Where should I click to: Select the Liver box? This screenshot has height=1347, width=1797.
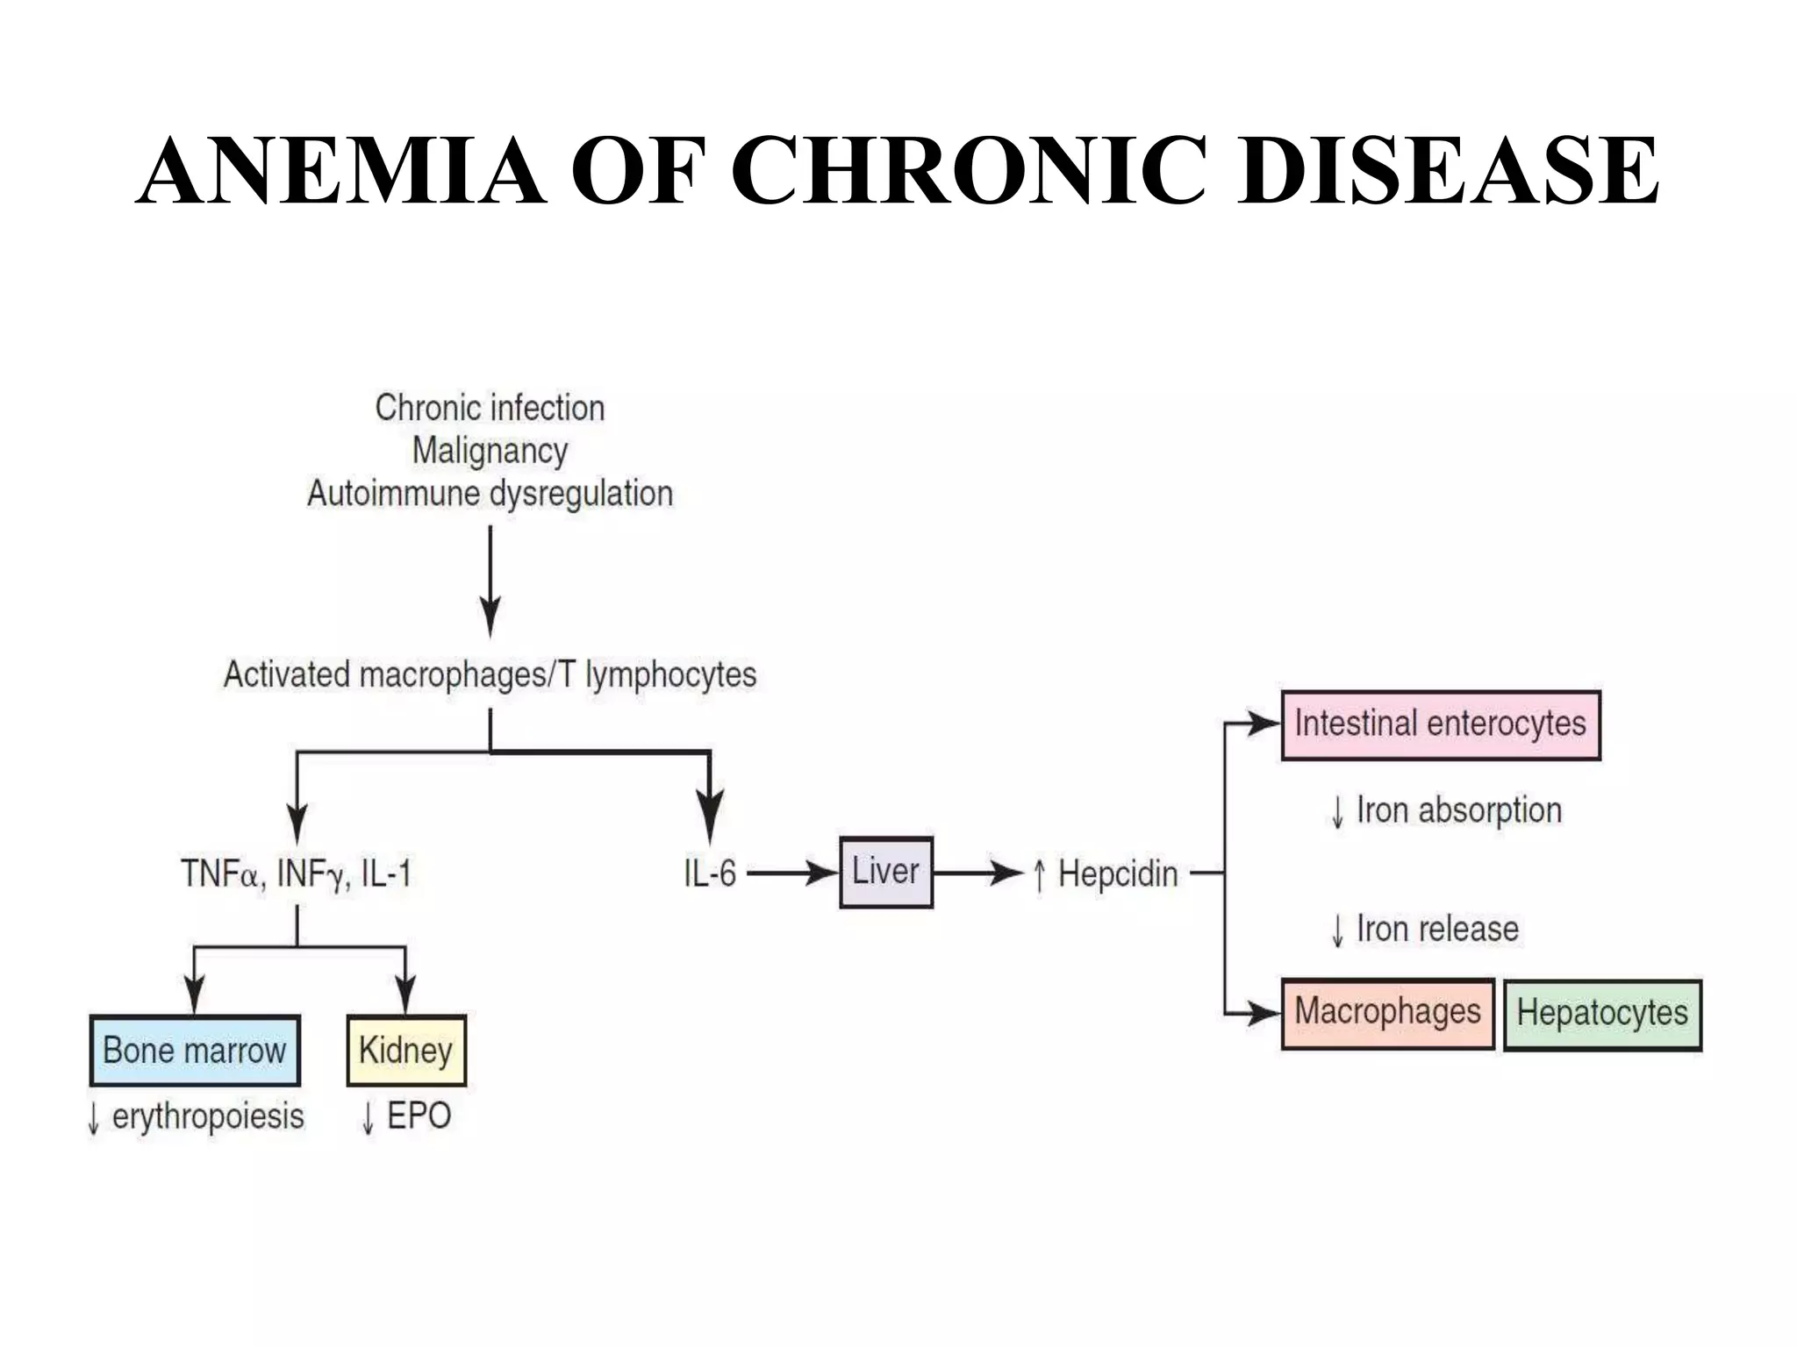885,873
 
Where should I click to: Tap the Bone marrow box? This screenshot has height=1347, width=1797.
195,1051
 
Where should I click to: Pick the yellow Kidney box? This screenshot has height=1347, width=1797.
406,1051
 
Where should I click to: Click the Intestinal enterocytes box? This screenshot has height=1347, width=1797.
1440,724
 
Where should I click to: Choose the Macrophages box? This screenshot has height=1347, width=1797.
1387,1013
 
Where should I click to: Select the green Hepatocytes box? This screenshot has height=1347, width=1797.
1602,1015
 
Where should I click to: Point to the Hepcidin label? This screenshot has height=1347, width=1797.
1117,874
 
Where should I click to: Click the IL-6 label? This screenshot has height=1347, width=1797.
710,874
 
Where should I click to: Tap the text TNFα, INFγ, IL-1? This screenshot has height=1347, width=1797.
296,874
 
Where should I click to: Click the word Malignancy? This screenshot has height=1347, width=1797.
490,451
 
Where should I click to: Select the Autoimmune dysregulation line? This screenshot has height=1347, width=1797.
490,494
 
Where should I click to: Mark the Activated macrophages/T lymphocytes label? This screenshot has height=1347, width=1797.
490,675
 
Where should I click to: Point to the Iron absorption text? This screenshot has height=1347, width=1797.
1458,811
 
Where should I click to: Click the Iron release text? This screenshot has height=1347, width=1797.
1436,929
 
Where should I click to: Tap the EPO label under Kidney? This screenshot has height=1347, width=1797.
418,1116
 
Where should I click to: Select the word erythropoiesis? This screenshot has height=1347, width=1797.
208,1117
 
